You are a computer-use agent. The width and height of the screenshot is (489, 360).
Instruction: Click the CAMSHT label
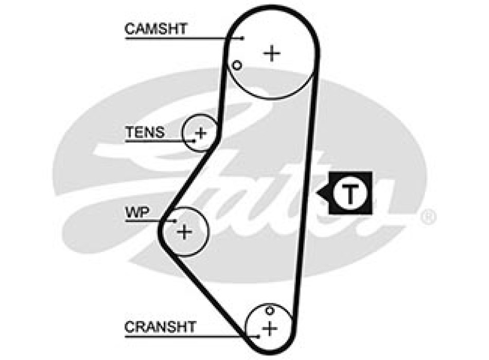point(156,28)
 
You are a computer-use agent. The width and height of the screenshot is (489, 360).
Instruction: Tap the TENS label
point(145,132)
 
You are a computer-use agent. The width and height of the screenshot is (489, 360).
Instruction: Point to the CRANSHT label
point(160,327)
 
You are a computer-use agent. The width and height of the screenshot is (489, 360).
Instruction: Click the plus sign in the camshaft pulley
point(272,53)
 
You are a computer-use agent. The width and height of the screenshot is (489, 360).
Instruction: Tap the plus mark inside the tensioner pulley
point(201,134)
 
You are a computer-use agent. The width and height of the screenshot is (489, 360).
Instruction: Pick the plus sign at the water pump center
point(184,232)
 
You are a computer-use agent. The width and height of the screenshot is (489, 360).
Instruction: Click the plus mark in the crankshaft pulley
point(269,328)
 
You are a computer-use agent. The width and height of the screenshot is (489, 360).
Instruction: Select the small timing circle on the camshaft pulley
point(237,65)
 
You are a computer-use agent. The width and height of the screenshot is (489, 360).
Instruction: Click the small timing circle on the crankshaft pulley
point(269,310)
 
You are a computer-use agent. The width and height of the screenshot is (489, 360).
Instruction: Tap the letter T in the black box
point(350,194)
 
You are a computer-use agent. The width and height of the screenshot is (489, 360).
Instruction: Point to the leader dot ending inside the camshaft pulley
point(242,38)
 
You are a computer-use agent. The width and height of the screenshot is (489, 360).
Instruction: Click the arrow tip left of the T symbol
point(319,194)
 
